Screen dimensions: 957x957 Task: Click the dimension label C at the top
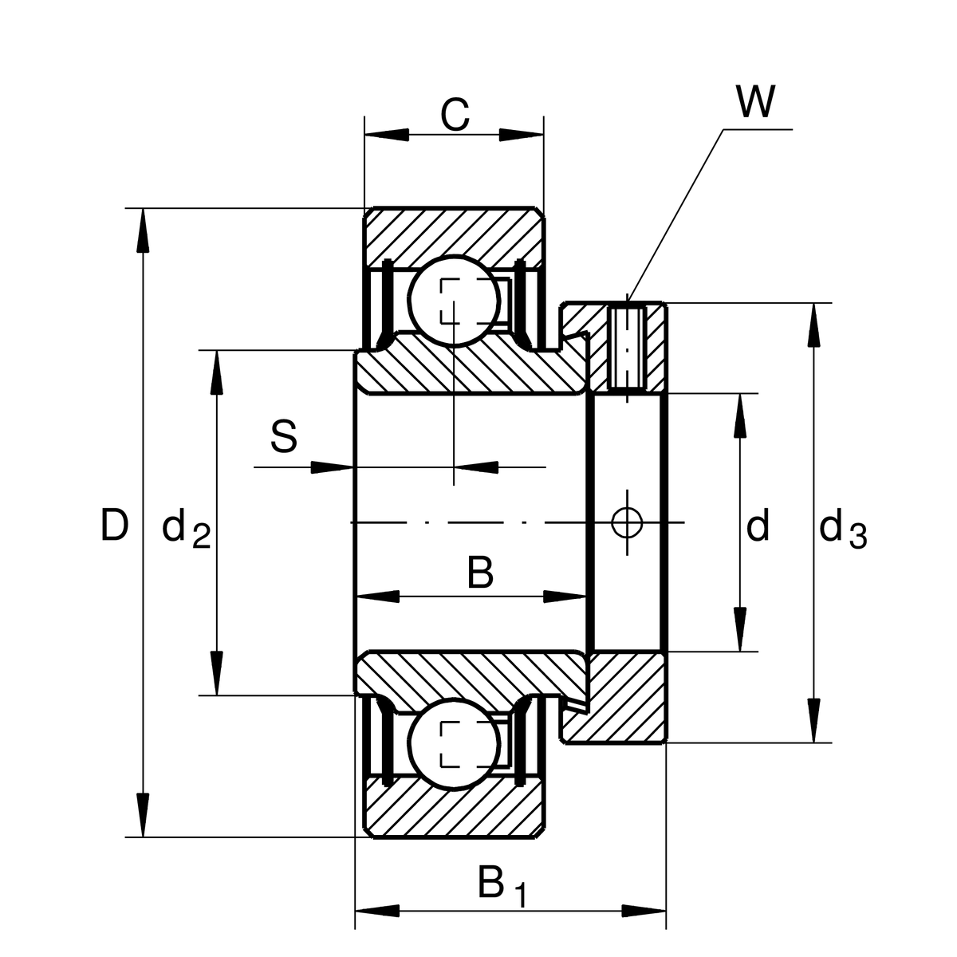(x=455, y=115)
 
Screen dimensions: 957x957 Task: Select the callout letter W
(x=754, y=102)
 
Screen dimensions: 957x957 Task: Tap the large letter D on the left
(x=114, y=526)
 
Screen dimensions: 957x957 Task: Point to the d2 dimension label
(x=186, y=529)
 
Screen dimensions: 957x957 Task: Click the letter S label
(x=284, y=438)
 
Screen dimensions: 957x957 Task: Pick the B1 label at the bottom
(x=501, y=886)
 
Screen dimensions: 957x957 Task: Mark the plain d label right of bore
(x=758, y=526)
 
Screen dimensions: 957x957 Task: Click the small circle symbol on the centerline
(x=627, y=522)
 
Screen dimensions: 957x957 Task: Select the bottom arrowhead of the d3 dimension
(x=813, y=722)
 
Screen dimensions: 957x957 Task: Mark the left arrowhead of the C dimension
(x=386, y=134)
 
